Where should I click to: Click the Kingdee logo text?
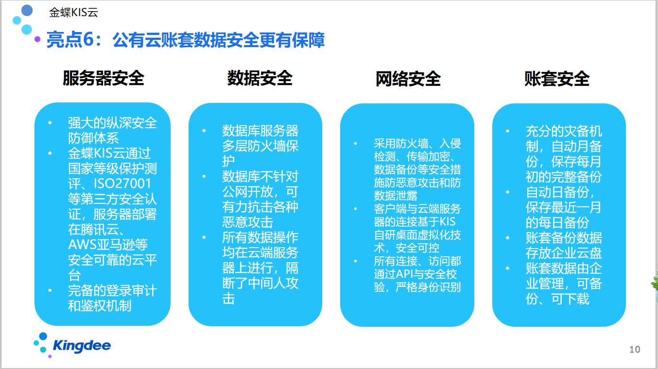pos(82,346)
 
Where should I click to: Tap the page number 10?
pos(635,349)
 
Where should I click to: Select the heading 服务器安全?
pos(104,78)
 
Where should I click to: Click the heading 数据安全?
pos(260,78)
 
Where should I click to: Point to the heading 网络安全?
pos(408,79)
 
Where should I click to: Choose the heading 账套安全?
pos(557,79)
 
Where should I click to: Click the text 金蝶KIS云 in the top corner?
pos(73,12)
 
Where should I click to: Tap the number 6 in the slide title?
pos(88,39)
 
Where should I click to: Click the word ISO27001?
pos(122,184)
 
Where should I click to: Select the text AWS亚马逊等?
pos(108,245)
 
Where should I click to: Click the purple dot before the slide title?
pos(37,39)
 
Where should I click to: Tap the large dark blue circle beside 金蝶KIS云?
pos(27,10)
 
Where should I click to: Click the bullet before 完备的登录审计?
pos(50,290)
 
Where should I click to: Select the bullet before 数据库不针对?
pos(204,176)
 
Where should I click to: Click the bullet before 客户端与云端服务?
pos(355,209)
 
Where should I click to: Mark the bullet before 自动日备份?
pos(507,192)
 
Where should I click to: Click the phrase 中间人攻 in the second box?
pos(273,283)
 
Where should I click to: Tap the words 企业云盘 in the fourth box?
pos(577,253)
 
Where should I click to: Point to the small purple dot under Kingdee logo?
pos(50,356)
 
